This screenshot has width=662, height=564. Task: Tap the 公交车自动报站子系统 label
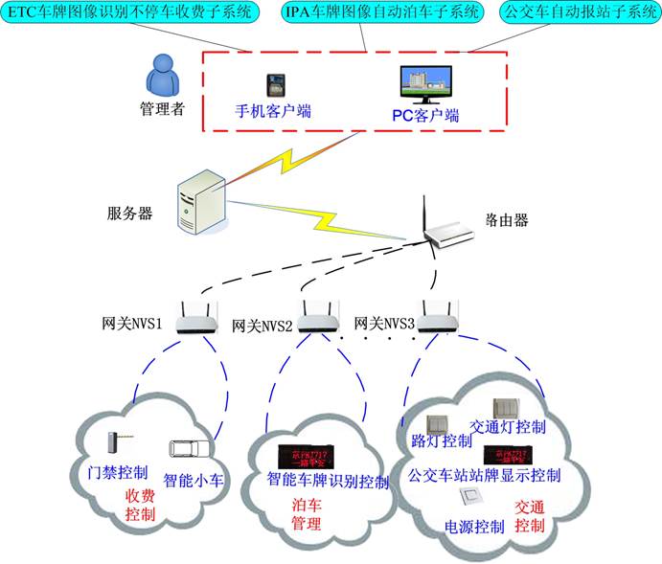[577, 12]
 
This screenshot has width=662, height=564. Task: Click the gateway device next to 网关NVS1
[201, 316]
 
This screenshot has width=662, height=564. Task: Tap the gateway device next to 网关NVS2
[316, 314]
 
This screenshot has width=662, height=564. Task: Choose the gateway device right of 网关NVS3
[438, 316]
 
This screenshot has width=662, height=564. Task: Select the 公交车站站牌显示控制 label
[485, 474]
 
